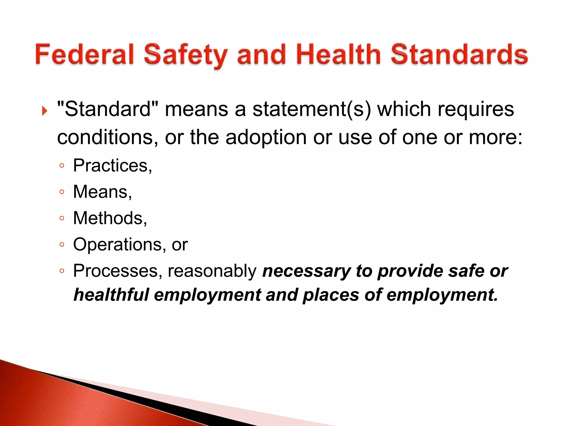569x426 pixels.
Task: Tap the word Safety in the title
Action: [186, 55]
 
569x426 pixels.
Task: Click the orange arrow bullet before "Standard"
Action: [45, 111]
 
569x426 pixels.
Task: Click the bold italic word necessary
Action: [306, 271]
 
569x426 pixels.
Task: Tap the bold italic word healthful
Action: [111, 295]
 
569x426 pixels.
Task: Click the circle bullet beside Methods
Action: [62, 218]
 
